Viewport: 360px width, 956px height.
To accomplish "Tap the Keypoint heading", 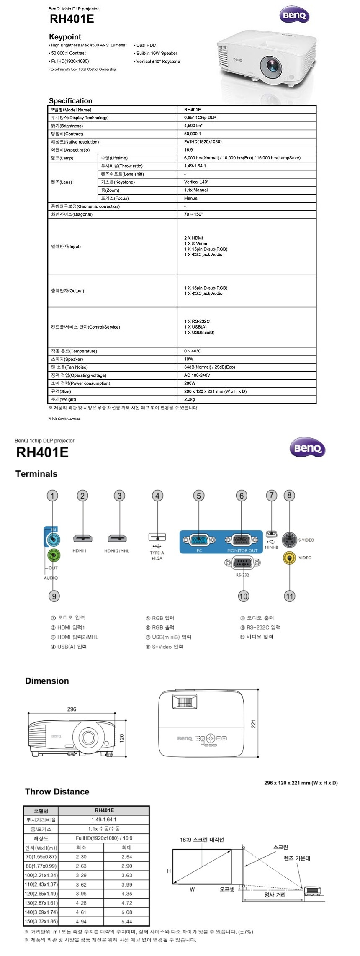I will (65, 37).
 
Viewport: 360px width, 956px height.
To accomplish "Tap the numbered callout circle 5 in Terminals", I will (199, 496).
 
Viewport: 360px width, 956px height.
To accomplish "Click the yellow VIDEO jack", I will (289, 558).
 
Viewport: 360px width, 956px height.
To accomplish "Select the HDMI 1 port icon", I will (83, 538).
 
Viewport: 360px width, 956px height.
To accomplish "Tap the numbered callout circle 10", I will (243, 596).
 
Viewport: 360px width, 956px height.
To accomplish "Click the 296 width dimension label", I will (72, 709).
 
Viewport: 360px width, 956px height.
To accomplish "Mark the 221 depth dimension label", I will (253, 723).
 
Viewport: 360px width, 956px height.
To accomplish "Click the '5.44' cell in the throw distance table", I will (126, 921).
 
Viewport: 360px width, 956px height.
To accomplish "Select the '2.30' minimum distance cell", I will (81, 857).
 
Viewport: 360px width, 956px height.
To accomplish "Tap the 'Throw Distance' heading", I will (57, 792).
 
